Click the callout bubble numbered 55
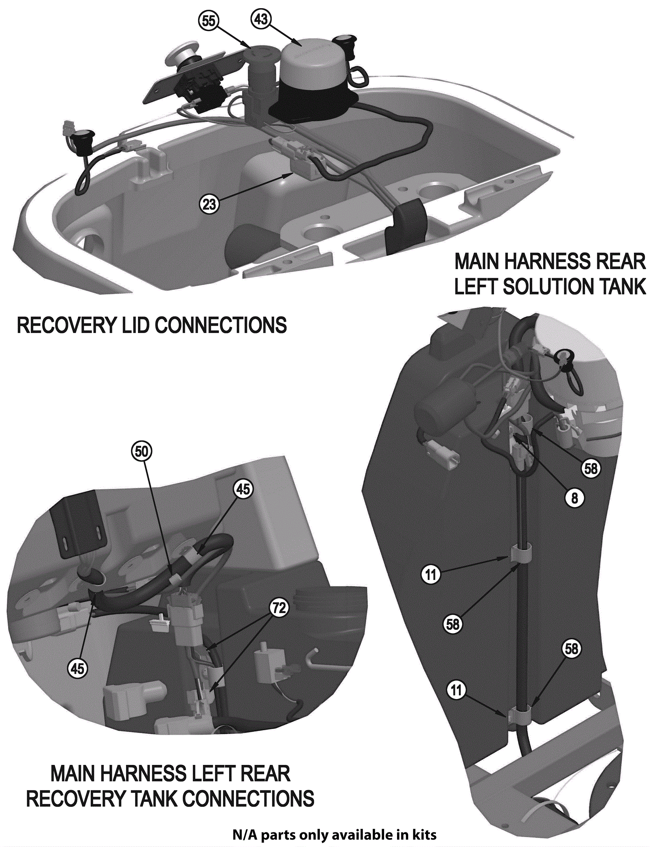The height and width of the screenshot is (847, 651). point(209,21)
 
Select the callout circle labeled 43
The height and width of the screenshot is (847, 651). point(261,19)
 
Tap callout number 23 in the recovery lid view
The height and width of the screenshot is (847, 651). point(209,204)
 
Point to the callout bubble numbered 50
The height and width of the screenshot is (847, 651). point(142,451)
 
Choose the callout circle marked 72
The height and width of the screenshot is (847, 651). point(279,608)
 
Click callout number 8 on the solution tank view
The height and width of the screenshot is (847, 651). point(575,498)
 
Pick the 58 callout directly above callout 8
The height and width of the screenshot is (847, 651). point(591,468)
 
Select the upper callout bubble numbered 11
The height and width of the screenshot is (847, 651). point(431,575)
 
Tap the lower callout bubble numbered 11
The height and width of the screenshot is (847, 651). point(456,690)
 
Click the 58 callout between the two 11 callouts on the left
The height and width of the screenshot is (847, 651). point(453,624)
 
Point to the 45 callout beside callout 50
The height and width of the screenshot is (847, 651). point(243,489)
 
